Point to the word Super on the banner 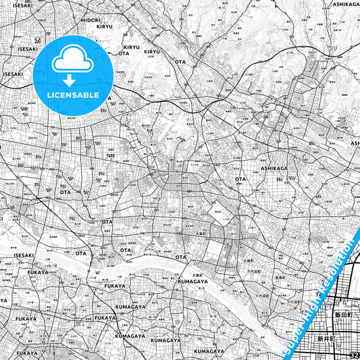(294, 336)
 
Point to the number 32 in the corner (355, 355)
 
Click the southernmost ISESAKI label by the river (23, 256)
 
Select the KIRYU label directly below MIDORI (104, 26)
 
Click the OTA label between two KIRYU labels (124, 53)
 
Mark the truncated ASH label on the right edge (355, 143)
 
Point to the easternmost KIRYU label (152, 51)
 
